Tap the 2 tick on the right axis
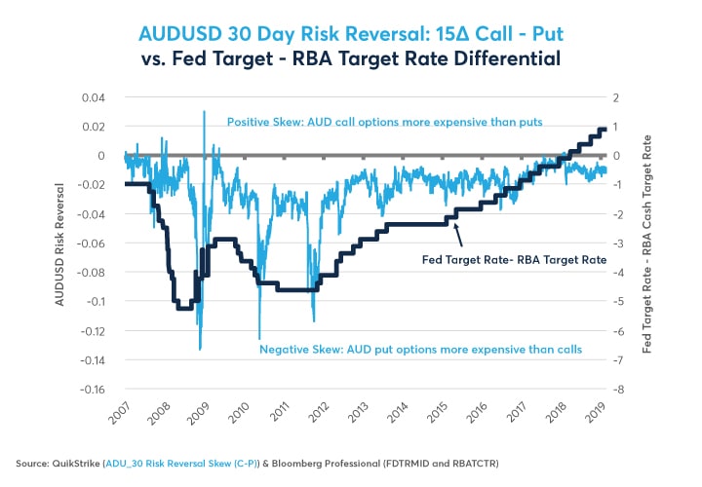(x=616, y=97)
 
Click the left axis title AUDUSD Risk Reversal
(x=61, y=243)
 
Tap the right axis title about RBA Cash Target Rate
(x=648, y=243)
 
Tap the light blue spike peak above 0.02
(x=204, y=112)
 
